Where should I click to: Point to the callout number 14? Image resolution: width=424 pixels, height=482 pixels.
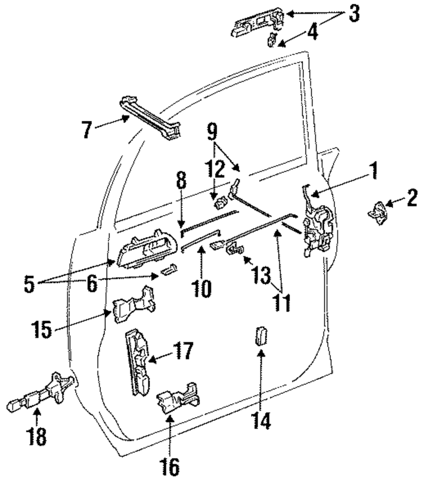(x=261, y=420)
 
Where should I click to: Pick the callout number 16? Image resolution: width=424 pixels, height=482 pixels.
(x=170, y=467)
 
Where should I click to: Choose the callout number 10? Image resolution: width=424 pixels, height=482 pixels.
(x=201, y=288)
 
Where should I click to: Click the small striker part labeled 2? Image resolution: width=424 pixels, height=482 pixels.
(x=377, y=213)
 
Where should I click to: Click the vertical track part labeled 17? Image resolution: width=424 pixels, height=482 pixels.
(x=137, y=363)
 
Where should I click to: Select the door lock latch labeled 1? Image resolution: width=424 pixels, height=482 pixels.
(x=317, y=224)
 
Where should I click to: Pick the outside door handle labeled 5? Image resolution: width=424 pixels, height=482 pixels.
(x=147, y=249)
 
